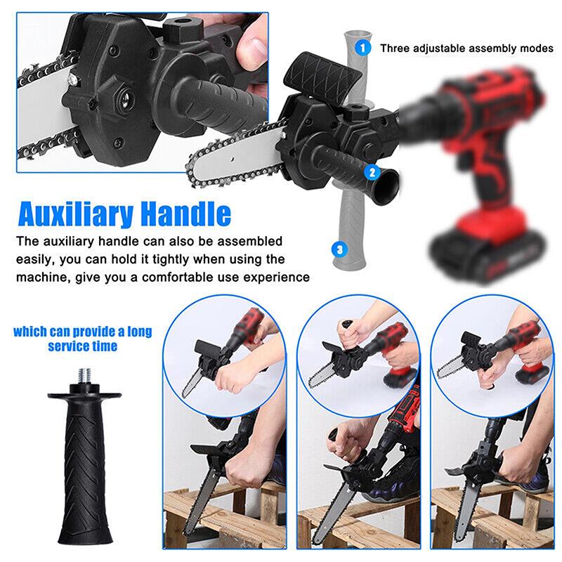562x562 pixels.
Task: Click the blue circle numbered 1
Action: tap(362, 48)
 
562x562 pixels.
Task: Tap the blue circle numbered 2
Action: tap(372, 171)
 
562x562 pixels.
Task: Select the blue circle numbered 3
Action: tap(340, 248)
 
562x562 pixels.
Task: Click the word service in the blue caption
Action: tap(70, 346)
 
